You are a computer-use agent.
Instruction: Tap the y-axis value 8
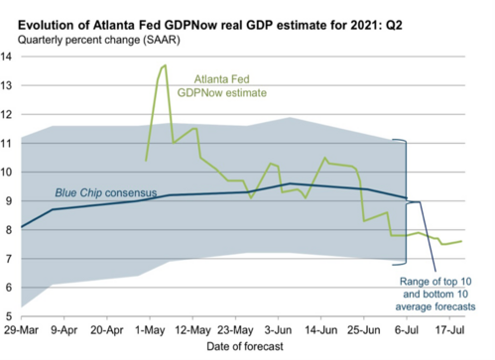click(10, 229)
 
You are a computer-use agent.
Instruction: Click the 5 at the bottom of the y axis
click(10, 315)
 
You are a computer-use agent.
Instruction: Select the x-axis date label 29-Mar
click(22, 327)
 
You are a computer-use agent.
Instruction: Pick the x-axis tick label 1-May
click(149, 327)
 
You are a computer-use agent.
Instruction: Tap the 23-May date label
click(234, 327)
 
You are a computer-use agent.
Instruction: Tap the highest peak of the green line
click(165, 65)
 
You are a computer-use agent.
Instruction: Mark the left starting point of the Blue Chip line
click(21, 227)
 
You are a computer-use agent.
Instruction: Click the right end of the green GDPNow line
click(461, 241)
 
